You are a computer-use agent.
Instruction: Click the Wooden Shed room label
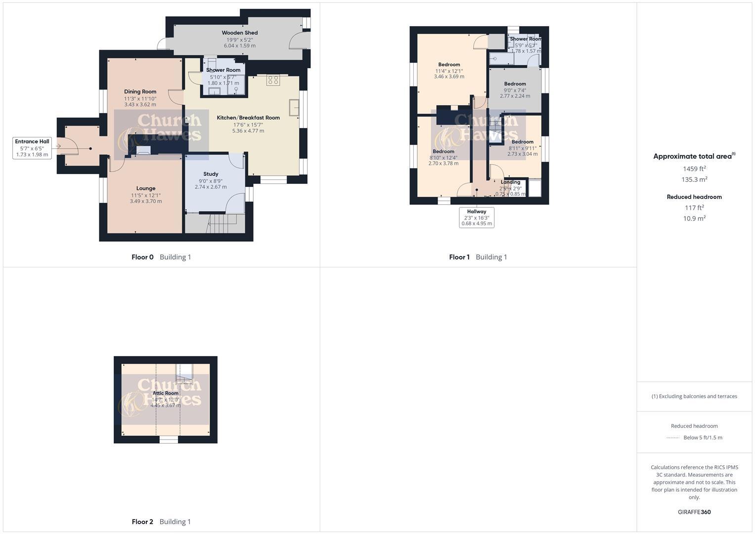pos(239,33)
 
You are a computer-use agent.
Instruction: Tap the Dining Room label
pos(140,91)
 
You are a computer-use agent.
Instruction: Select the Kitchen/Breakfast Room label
pos(248,118)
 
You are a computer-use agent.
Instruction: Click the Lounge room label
pos(146,188)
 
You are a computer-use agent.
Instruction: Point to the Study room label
pos(211,174)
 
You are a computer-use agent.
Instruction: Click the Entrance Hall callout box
pos(32,148)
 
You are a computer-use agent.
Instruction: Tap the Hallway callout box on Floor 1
pos(477,218)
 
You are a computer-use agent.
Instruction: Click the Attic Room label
pos(166,393)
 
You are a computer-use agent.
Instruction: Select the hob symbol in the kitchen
pos(273,80)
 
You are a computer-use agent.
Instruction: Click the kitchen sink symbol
pos(294,108)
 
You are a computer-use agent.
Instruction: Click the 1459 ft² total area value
pos(694,169)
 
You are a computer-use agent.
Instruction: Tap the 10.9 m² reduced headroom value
pos(694,219)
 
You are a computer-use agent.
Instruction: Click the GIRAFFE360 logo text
pos(694,512)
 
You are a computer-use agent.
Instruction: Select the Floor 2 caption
pos(142,522)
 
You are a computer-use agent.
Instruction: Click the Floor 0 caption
pos(142,257)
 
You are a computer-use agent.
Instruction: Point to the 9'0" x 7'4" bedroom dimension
pos(515,90)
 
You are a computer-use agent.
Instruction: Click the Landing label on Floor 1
pos(510,182)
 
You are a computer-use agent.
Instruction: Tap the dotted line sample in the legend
pos(673,438)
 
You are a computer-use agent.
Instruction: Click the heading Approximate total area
pos(692,156)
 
